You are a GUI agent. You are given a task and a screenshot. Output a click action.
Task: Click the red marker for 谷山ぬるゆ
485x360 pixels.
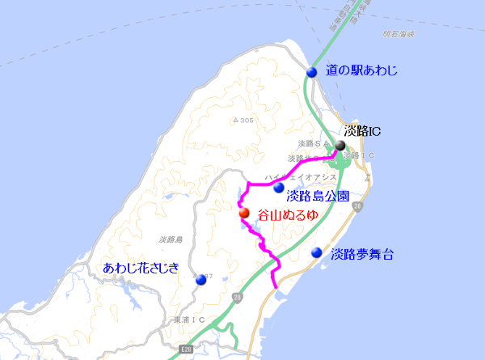(x=244, y=214)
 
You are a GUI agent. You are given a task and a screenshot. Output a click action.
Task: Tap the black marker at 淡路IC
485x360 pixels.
(x=340, y=146)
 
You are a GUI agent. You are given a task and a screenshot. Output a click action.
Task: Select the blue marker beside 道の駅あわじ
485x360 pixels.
(x=312, y=72)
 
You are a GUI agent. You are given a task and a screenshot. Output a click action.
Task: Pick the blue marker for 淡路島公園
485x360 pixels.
(x=279, y=188)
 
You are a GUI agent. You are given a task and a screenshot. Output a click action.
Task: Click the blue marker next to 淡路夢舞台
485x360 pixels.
(x=317, y=252)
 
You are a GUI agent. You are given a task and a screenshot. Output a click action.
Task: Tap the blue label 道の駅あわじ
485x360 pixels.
(x=361, y=72)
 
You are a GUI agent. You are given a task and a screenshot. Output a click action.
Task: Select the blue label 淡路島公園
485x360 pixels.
(x=318, y=196)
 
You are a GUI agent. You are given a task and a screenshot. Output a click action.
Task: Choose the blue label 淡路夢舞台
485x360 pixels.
(x=362, y=253)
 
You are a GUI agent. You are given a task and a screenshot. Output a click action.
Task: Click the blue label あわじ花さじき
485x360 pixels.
(x=140, y=268)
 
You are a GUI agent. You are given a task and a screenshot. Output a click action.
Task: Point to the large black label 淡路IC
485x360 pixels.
(x=362, y=130)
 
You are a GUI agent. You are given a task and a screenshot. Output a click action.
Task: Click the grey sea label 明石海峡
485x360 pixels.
(x=399, y=34)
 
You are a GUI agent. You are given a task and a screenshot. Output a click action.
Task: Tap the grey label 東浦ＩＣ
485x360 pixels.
(x=188, y=320)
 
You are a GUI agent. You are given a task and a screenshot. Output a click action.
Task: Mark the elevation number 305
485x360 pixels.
(x=243, y=121)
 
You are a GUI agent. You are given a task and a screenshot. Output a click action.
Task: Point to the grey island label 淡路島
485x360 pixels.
(x=172, y=239)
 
